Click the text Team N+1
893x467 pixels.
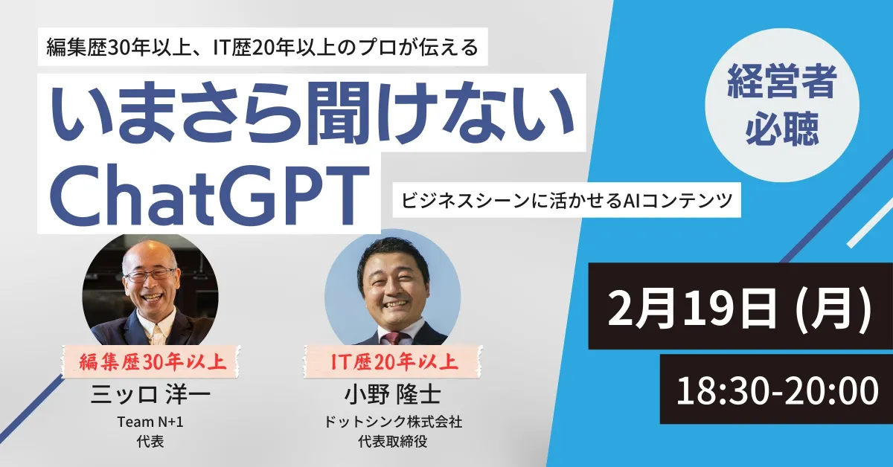[x=150, y=422]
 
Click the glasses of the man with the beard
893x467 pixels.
[x=150, y=274]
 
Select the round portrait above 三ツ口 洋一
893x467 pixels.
[x=150, y=290]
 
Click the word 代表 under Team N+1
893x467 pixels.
[x=150, y=440]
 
